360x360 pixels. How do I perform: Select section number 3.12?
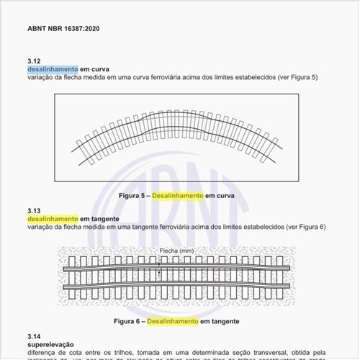click(35, 60)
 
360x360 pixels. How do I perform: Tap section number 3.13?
click(35, 211)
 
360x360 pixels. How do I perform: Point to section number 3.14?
click(35, 336)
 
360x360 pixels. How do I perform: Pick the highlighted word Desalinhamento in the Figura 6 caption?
click(172, 321)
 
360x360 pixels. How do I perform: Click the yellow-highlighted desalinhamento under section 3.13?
click(53, 219)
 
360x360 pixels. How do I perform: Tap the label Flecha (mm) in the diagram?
click(176, 251)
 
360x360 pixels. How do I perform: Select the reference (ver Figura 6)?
click(306, 227)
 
